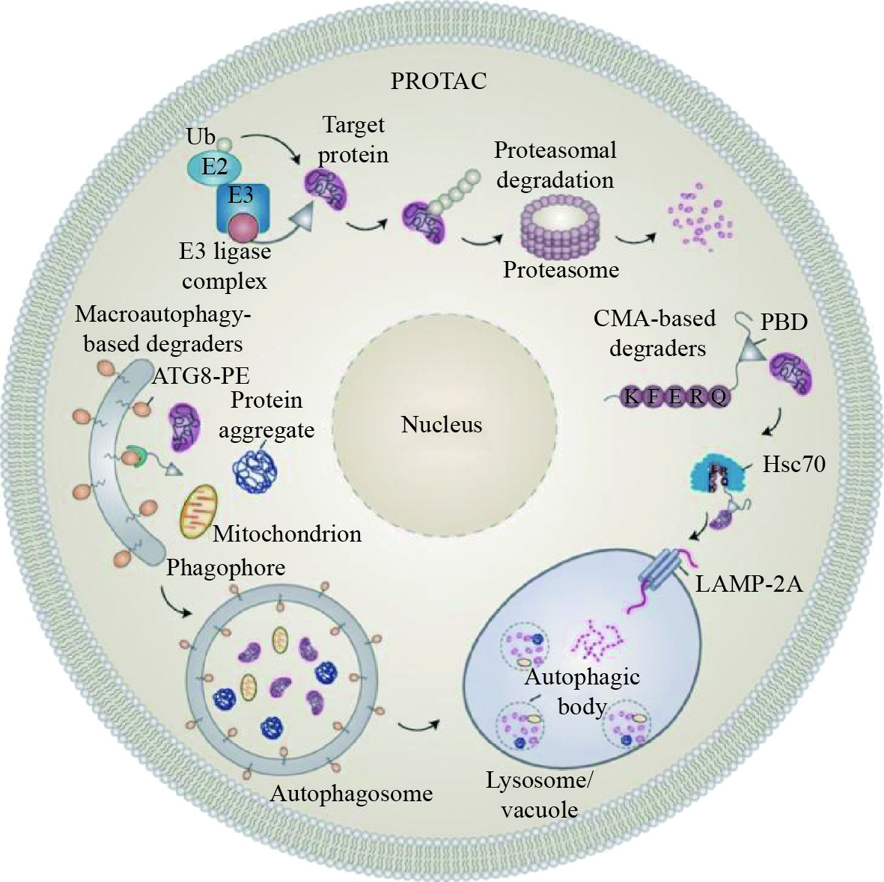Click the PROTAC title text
439,80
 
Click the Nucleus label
442,425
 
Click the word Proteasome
561,269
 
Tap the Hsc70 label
793,465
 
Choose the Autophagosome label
351,793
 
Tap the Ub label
201,137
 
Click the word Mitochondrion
287,534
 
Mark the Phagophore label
225,568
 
